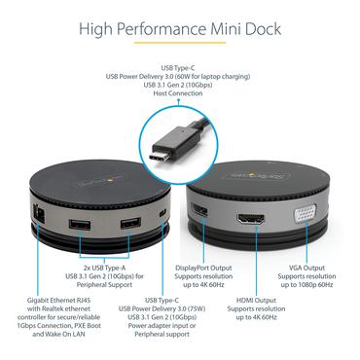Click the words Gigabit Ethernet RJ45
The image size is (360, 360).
click(x=48, y=301)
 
